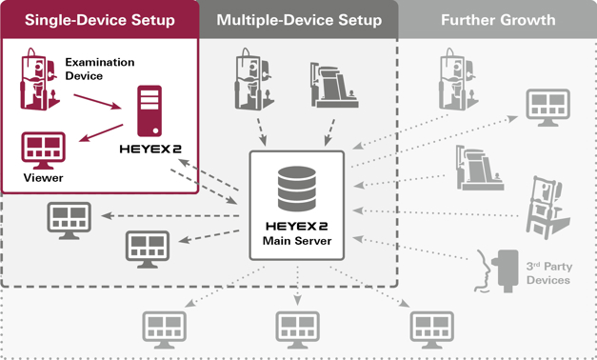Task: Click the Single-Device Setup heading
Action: tap(100, 20)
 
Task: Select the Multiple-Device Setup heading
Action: tap(299, 20)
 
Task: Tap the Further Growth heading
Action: tap(498, 20)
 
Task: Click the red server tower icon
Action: tap(149, 110)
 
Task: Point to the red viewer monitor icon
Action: tap(44, 150)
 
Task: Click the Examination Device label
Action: tap(100, 69)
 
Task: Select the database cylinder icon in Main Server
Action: tap(297, 189)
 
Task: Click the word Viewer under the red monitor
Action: tap(44, 178)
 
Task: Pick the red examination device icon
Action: tap(39, 79)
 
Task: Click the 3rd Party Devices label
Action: tap(549, 273)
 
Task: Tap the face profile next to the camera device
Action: tap(483, 271)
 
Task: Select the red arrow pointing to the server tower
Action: tap(97, 102)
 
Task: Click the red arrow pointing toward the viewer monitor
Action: tap(101, 132)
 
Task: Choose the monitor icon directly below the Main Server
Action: tap(297, 330)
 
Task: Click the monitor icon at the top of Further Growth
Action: tap(547, 108)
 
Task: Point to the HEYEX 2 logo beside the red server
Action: tap(150, 149)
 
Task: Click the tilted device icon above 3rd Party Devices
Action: tap(547, 208)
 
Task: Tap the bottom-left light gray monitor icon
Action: tap(164, 330)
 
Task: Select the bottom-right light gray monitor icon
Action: tap(431, 330)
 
